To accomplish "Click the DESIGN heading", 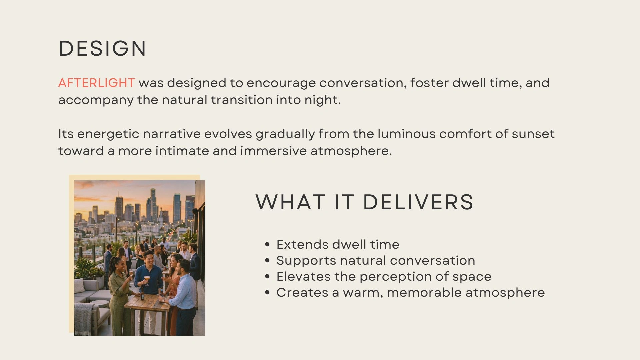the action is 102,48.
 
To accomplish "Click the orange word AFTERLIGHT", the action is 97,83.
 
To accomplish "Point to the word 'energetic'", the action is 108,134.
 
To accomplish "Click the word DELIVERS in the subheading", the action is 418,202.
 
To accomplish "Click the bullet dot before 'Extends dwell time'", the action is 267,245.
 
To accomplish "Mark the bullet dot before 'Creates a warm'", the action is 267,293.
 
